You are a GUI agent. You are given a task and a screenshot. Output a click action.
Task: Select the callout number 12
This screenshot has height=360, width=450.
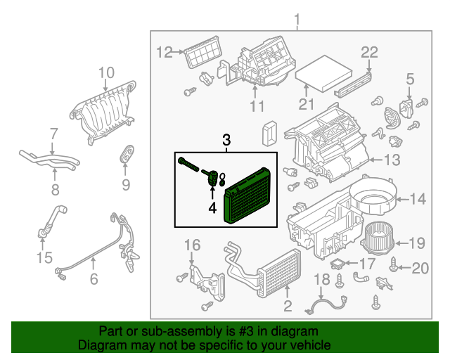[163, 51]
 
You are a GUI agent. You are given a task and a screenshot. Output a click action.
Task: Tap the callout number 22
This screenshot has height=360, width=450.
[369, 51]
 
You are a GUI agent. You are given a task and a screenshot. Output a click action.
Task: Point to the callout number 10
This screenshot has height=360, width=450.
[105, 72]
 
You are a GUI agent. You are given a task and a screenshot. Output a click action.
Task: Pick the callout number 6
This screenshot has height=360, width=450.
[94, 279]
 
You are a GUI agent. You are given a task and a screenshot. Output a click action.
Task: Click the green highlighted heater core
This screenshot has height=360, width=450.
[248, 195]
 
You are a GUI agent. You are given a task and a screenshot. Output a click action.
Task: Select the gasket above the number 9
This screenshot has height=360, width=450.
[127, 154]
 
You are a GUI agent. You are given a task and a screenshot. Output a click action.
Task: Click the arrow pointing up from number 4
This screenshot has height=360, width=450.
[212, 191]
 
